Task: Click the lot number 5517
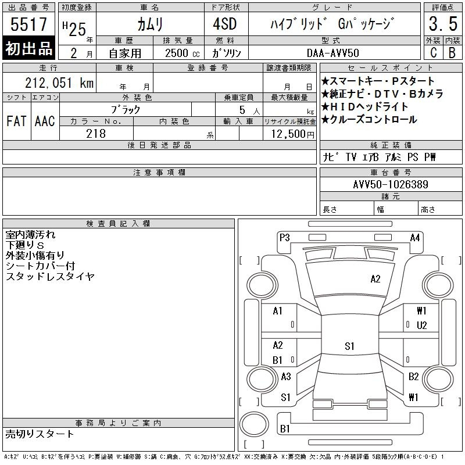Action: (28, 24)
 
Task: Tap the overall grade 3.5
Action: (443, 24)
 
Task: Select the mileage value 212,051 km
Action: (59, 83)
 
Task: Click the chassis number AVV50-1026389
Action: (391, 184)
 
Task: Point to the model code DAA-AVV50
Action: (332, 53)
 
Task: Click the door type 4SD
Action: (225, 24)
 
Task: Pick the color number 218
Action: (96, 134)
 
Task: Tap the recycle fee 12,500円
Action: (292, 134)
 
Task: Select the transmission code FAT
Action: (16, 121)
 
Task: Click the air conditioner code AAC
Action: (45, 121)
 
